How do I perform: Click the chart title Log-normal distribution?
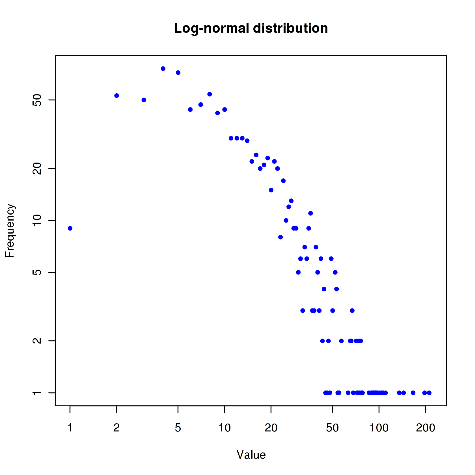(x=251, y=29)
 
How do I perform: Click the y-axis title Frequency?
(x=10, y=230)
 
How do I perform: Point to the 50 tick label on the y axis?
(x=37, y=100)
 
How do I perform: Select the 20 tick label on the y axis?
(x=37, y=169)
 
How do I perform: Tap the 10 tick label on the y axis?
(x=37, y=221)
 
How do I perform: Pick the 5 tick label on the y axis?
(x=37, y=272)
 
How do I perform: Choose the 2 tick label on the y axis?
(x=37, y=341)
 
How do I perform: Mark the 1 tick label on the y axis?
(x=37, y=393)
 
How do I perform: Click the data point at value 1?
(x=70, y=228)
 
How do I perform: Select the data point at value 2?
(x=116, y=96)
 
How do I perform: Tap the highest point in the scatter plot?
(x=163, y=69)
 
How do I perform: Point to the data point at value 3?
(x=144, y=100)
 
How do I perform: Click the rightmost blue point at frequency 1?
(x=429, y=393)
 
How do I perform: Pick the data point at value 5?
(x=178, y=73)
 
